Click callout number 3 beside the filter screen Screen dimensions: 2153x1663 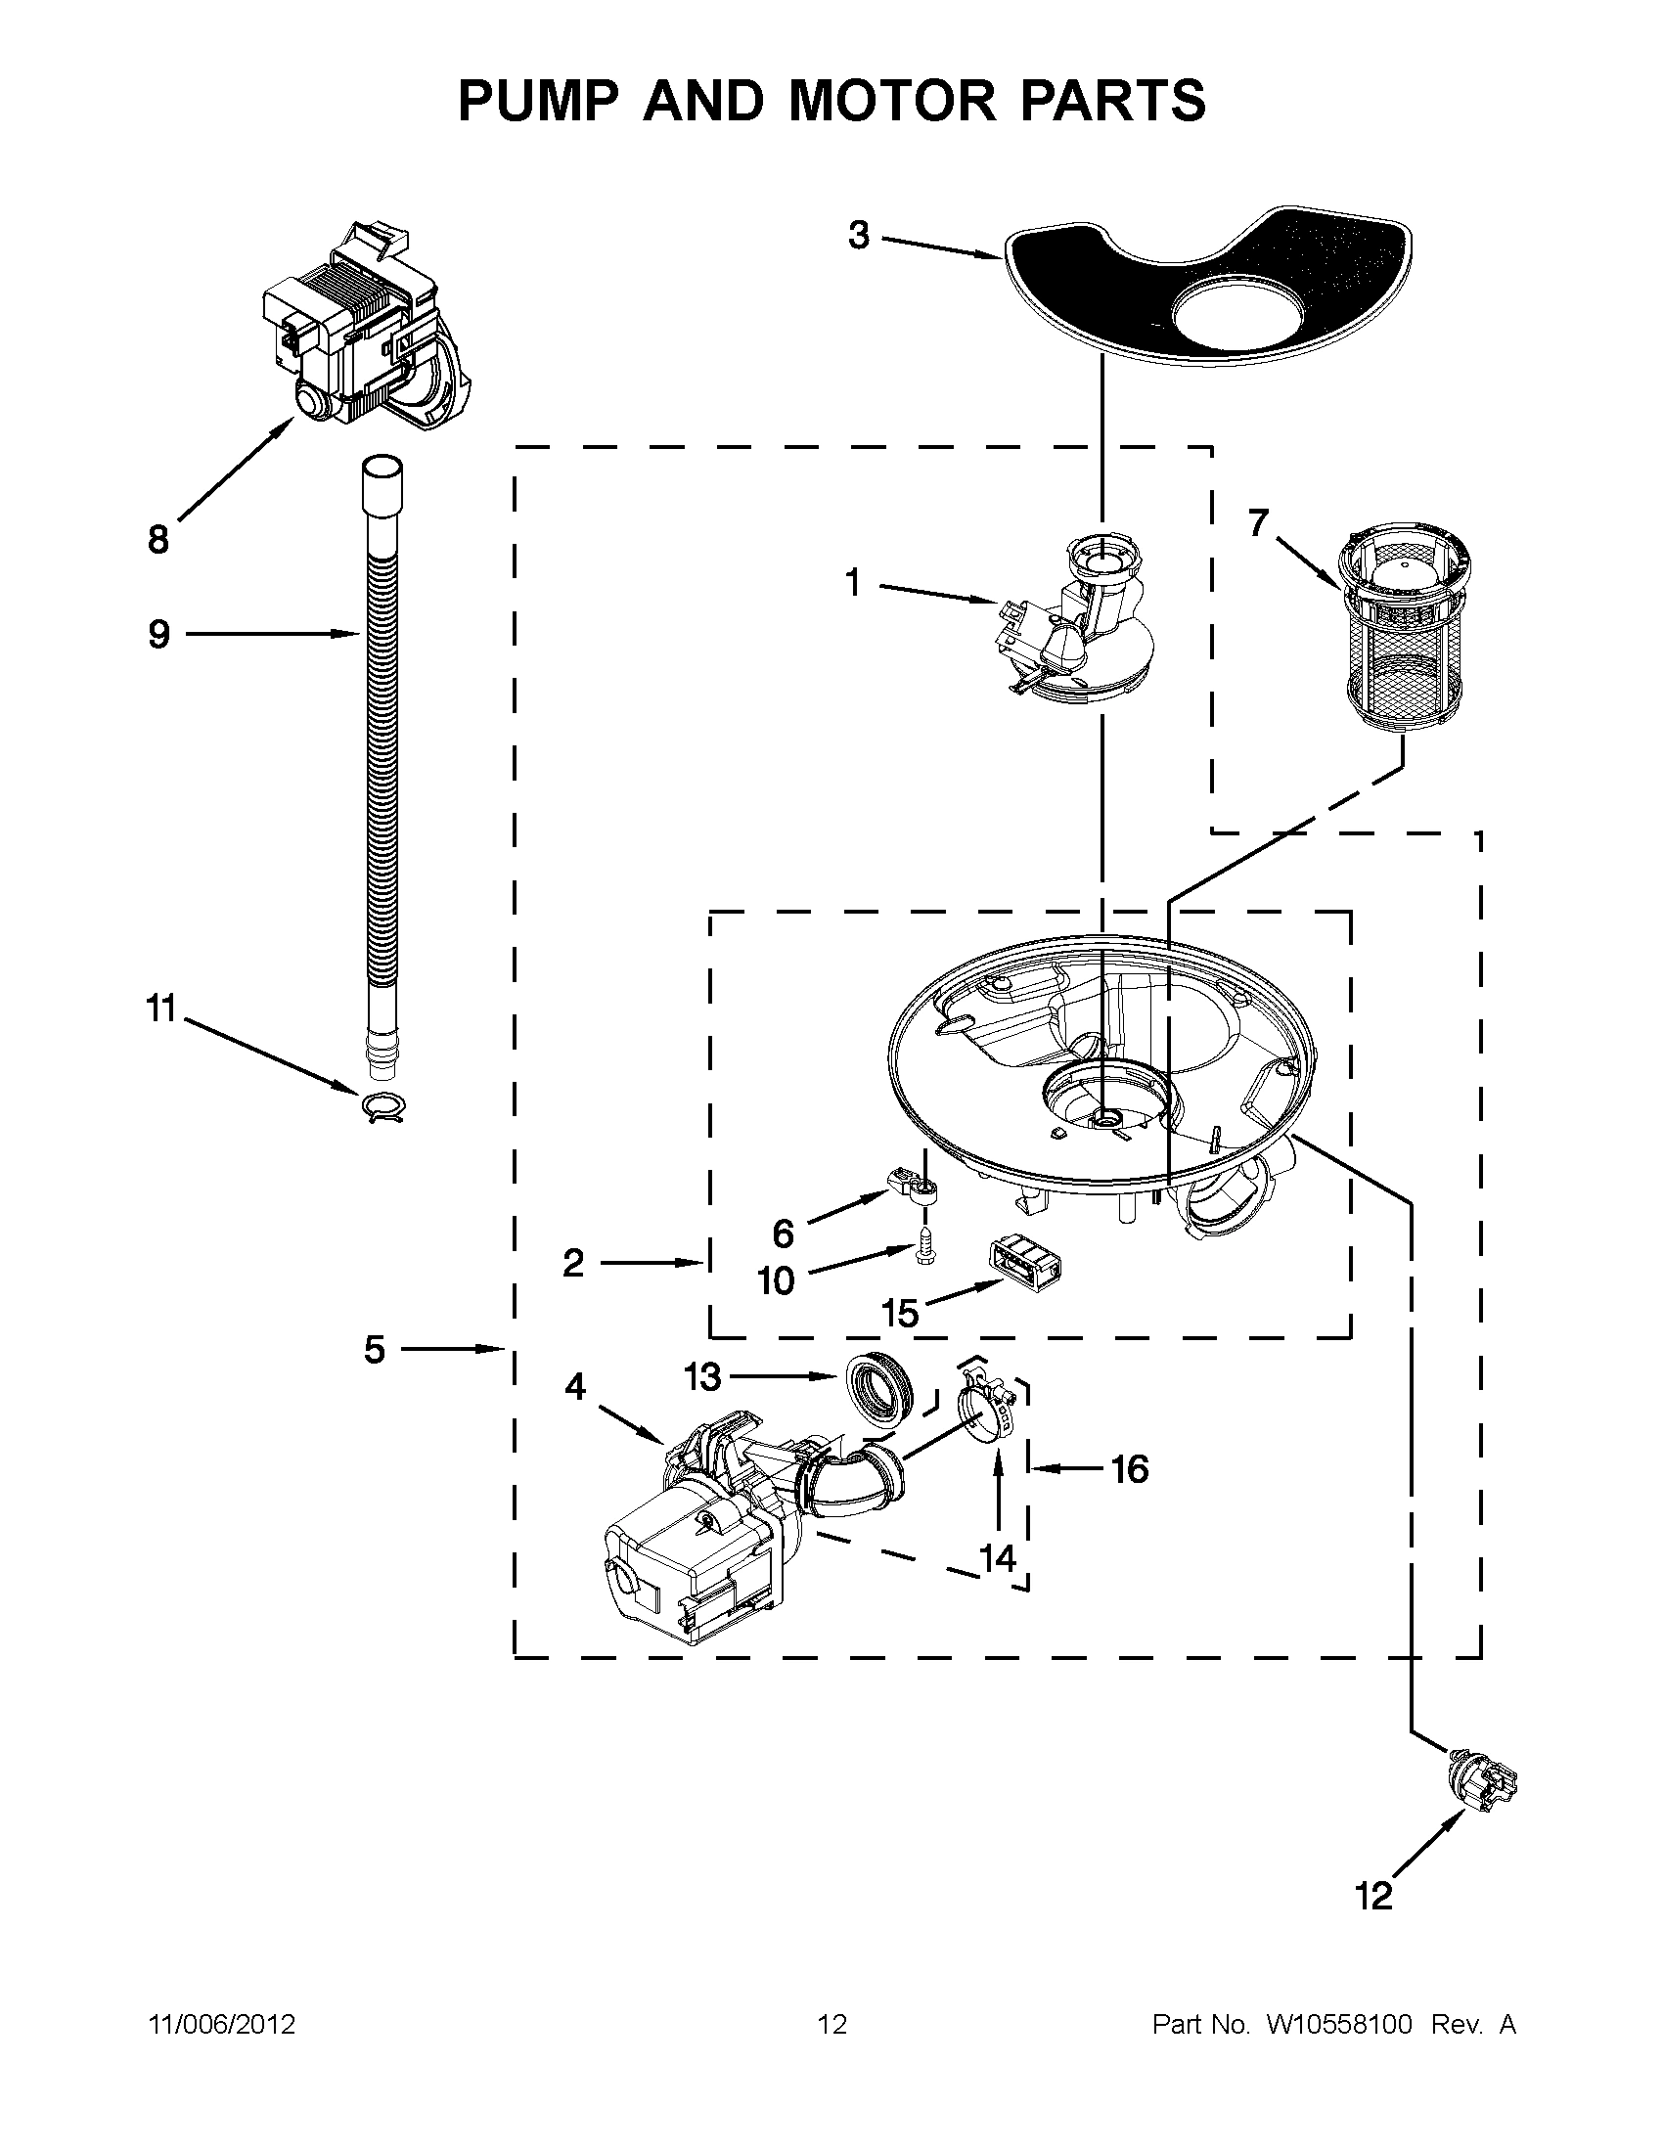click(x=859, y=236)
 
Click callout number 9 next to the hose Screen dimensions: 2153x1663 click(x=158, y=634)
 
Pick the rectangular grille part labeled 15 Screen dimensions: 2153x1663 click(x=1024, y=1267)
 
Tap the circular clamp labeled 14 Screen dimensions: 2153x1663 click(x=986, y=1419)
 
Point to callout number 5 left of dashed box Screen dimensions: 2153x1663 click(x=375, y=1350)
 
